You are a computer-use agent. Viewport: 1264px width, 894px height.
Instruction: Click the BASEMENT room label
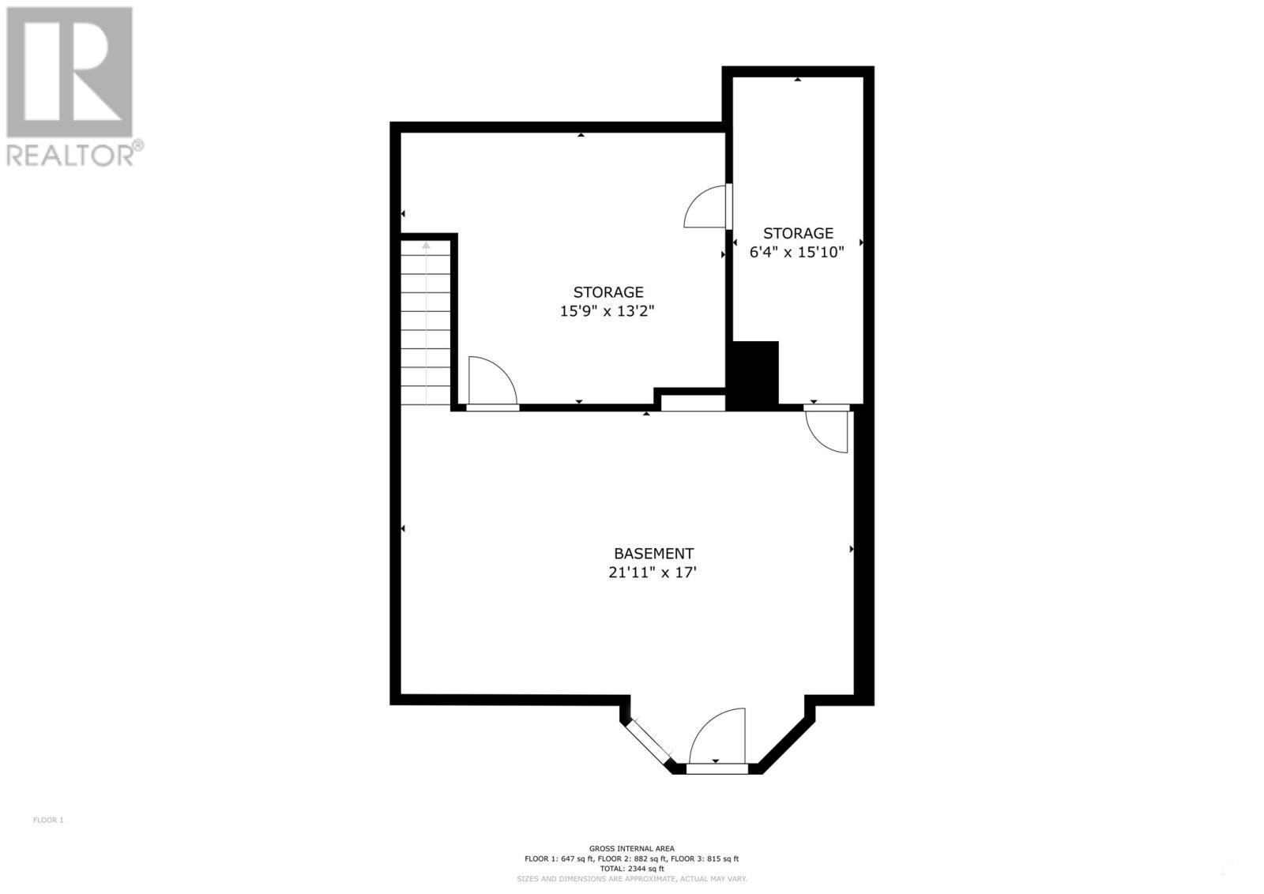click(x=653, y=554)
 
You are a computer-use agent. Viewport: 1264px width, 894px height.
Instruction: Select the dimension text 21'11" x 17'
click(x=653, y=573)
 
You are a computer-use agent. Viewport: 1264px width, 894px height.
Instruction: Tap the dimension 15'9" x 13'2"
click(x=608, y=311)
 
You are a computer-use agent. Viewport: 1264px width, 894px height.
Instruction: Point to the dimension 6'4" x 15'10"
click(x=797, y=253)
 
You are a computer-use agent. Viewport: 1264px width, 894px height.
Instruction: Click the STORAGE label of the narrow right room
click(x=798, y=233)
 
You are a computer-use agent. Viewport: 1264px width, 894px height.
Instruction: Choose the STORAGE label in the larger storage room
click(x=608, y=292)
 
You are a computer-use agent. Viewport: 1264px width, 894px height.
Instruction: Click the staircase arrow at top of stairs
click(x=426, y=246)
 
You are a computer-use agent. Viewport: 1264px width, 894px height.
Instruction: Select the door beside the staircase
click(x=491, y=383)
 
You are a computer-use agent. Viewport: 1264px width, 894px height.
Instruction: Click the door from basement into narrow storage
click(x=828, y=430)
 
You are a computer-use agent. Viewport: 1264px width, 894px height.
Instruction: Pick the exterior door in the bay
click(x=717, y=738)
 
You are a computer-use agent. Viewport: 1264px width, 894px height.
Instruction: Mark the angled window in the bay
click(x=647, y=742)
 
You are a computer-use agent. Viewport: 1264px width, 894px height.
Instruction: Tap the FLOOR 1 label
click(x=48, y=820)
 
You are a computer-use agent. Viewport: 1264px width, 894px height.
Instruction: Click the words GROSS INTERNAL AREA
click(x=631, y=848)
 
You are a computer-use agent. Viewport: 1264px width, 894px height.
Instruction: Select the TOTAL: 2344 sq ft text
click(x=631, y=869)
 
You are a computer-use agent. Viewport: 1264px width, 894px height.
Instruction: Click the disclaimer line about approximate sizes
click(x=631, y=879)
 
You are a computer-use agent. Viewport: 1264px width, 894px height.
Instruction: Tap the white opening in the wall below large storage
click(x=693, y=404)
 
